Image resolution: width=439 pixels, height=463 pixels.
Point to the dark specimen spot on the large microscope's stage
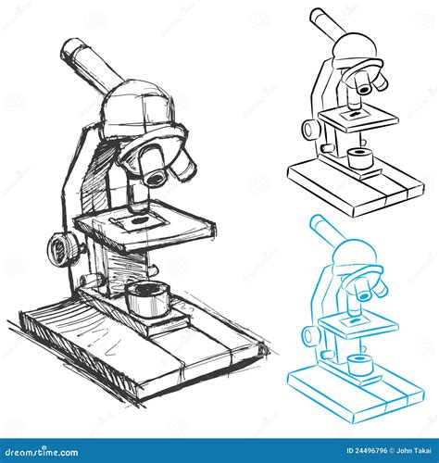140,220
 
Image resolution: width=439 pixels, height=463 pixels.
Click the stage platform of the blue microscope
357,323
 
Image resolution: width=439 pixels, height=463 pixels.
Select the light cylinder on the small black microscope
358,156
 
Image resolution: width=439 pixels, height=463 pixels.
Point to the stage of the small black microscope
357,118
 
